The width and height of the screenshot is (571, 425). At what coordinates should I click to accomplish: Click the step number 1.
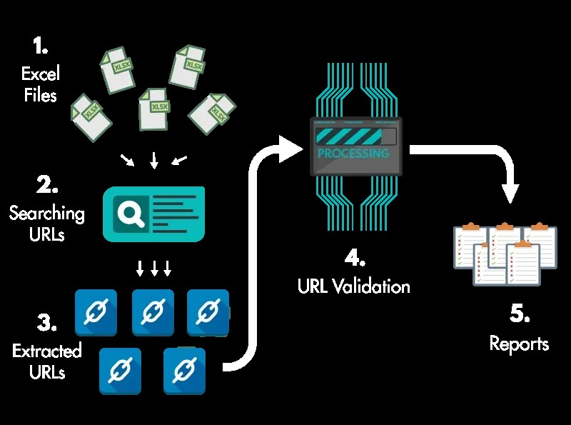(x=40, y=46)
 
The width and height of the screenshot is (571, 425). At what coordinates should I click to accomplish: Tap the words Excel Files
(x=40, y=84)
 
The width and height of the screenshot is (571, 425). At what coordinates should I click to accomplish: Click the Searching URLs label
(x=46, y=223)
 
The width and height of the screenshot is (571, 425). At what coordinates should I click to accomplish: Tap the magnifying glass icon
(x=131, y=214)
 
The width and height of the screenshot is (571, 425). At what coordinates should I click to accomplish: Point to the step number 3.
(x=47, y=323)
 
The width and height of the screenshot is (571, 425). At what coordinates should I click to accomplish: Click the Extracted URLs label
(x=46, y=361)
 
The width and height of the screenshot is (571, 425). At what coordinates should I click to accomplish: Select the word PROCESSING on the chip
(x=353, y=154)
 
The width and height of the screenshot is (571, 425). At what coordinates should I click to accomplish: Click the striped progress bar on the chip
(x=348, y=136)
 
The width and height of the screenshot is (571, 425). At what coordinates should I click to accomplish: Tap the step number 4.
(x=355, y=257)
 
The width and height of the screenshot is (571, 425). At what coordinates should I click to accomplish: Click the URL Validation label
(x=354, y=287)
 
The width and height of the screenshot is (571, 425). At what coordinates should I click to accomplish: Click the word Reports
(x=519, y=344)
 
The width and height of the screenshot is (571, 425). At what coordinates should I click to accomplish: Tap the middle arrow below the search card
(x=153, y=269)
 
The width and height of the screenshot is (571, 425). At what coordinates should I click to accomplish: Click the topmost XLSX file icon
(x=188, y=66)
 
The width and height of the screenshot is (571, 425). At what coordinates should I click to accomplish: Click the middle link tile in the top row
(x=152, y=311)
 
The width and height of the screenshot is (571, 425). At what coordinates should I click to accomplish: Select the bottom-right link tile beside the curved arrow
(x=185, y=370)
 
